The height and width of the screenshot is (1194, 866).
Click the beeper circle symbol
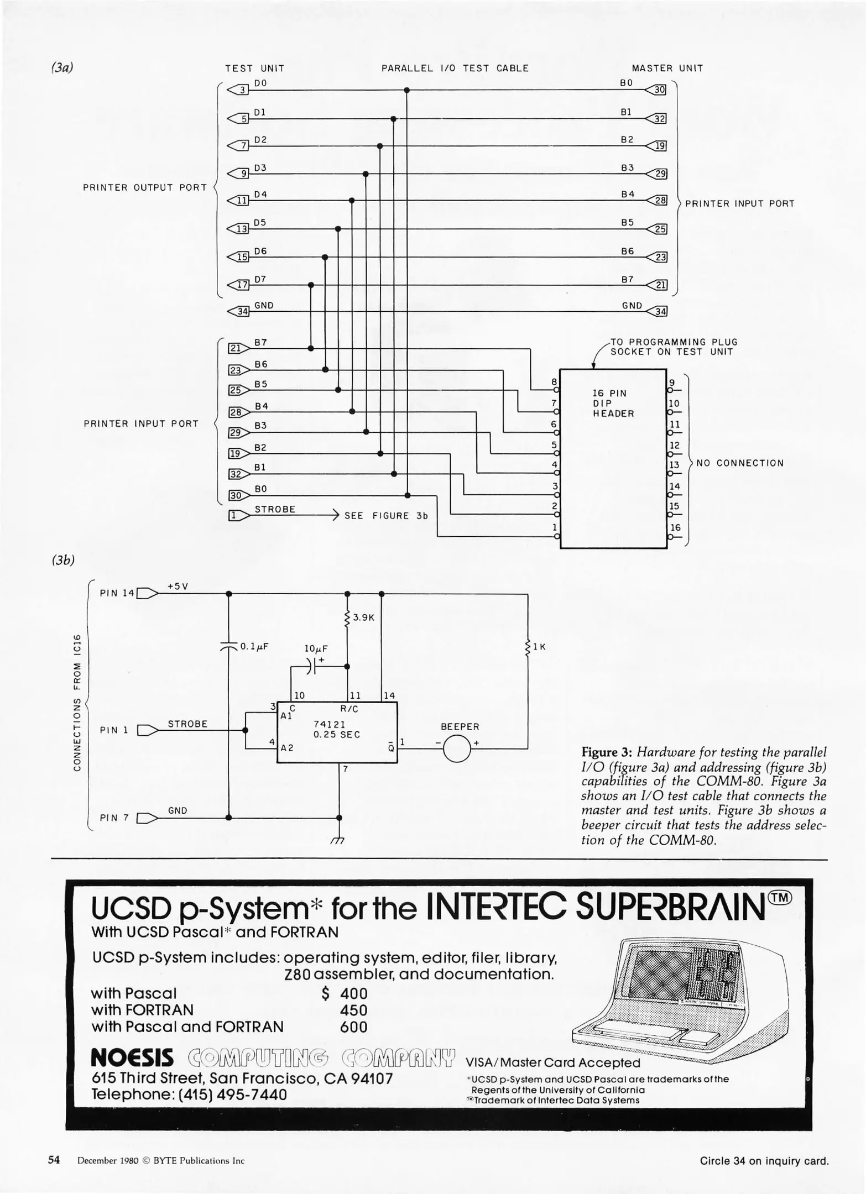click(456, 749)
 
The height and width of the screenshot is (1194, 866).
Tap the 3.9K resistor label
click(363, 617)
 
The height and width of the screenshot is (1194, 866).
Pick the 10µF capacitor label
click(316, 648)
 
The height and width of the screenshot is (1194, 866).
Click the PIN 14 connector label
click(117, 593)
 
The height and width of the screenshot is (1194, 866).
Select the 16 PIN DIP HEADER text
click(613, 403)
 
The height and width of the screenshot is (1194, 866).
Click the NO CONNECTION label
click(740, 463)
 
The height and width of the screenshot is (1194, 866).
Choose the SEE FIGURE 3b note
click(386, 516)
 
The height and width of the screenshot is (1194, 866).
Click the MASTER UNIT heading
click(667, 69)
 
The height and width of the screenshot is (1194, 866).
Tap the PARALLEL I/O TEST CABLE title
click(455, 69)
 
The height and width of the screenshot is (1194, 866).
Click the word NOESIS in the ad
click(132, 1057)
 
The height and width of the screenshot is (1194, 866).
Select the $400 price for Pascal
click(345, 993)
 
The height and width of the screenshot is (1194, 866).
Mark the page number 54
click(54, 1160)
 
